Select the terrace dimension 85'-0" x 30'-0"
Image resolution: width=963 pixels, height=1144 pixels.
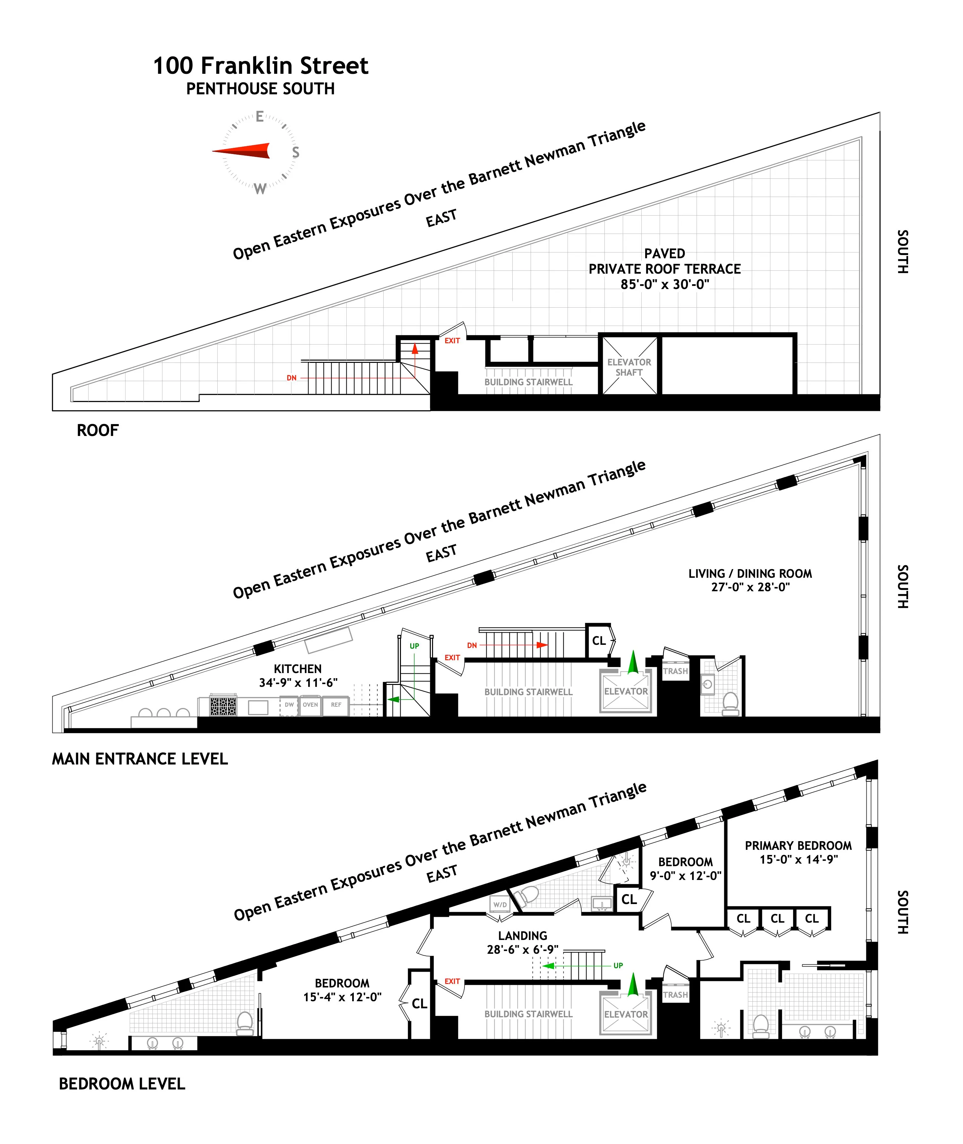tap(664, 284)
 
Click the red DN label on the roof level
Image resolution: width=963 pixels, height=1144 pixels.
tap(291, 378)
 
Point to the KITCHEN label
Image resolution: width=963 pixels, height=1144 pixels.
tap(298, 669)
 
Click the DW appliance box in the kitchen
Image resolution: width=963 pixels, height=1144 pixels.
tap(289, 705)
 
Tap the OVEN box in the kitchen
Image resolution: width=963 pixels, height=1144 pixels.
tap(310, 705)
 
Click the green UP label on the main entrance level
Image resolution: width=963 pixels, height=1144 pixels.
tap(414, 646)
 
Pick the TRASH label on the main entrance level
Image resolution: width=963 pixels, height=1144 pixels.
tap(675, 671)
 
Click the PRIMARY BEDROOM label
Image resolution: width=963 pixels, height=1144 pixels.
tap(798, 846)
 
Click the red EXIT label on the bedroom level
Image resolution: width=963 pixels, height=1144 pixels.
tap(452, 981)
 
